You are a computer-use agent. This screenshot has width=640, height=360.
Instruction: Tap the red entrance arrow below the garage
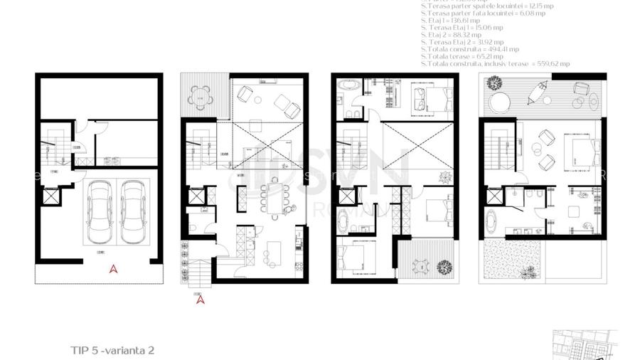click(112, 269)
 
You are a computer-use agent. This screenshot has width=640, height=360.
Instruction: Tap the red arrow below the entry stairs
click(201, 300)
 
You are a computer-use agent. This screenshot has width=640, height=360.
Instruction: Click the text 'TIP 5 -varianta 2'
click(112, 350)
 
